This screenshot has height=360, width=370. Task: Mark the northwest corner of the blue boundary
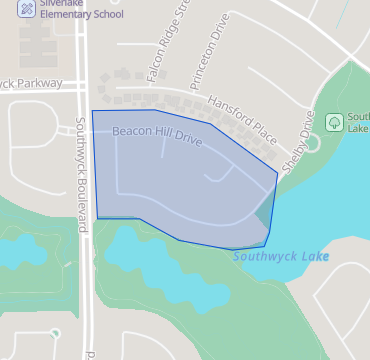coord(92,111)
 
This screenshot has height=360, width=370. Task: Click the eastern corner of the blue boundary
coord(277,174)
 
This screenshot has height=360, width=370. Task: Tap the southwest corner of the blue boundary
coord(98,217)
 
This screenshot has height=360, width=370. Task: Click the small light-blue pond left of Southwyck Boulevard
coord(30,251)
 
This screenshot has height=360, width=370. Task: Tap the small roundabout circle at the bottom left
coord(55,333)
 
